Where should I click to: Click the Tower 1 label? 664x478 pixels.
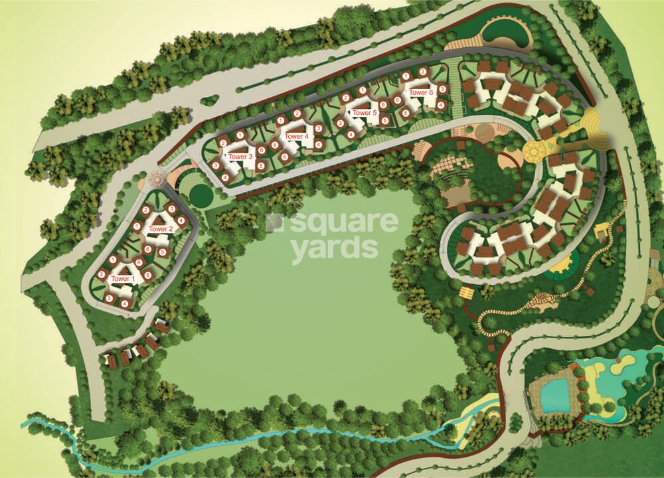[x=122, y=279]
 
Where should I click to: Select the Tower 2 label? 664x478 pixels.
[x=161, y=229]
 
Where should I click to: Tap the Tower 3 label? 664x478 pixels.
[x=240, y=157]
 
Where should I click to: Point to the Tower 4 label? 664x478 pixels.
[x=297, y=136]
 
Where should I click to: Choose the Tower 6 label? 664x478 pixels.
[x=421, y=93]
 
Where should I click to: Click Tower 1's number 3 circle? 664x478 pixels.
[x=109, y=299]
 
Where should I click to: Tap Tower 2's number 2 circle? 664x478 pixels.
[x=145, y=210]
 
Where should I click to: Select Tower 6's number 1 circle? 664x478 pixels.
[x=405, y=76]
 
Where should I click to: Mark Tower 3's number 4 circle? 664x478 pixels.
[x=226, y=177]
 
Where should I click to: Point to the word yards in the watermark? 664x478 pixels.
[x=334, y=248]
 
